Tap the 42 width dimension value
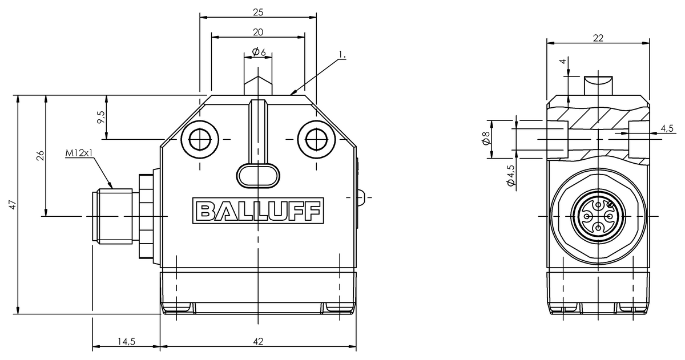click(258, 342)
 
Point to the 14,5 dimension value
click(126, 342)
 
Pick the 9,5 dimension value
click(101, 118)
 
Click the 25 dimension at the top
click(258, 11)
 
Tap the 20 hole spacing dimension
click(258, 32)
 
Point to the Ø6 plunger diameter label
click(259, 52)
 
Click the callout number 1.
click(342, 55)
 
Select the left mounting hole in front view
click(200, 138)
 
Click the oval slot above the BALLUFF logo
click(258, 175)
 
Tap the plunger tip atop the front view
click(258, 86)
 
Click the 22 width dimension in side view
click(598, 38)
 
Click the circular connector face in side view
click(598, 217)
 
